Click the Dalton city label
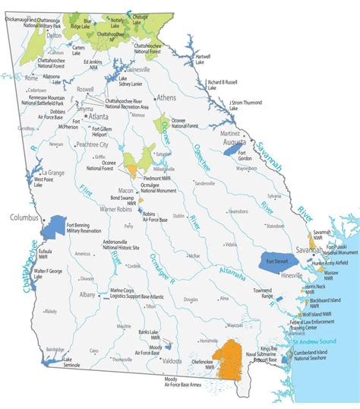[x=31, y=35]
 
